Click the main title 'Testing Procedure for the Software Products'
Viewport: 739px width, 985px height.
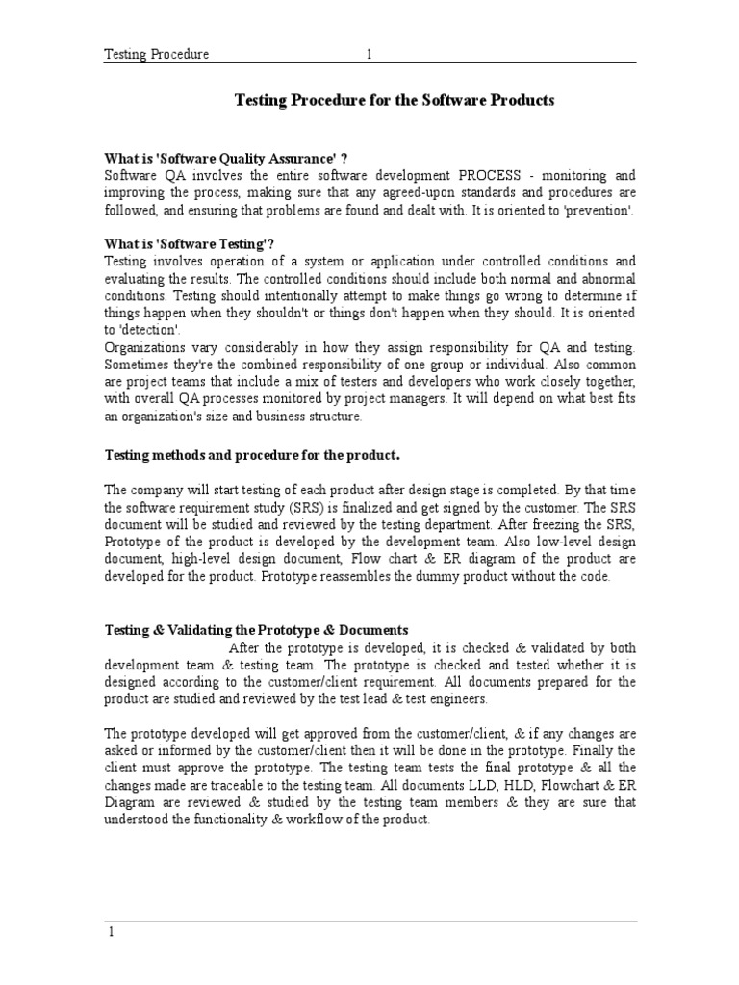[x=395, y=100]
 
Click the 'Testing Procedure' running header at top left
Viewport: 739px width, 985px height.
[x=157, y=55]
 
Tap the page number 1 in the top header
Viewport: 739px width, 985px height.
[x=369, y=55]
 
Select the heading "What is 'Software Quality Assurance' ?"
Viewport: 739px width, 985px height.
[x=226, y=159]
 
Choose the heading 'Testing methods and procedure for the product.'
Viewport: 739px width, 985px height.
[x=252, y=454]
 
